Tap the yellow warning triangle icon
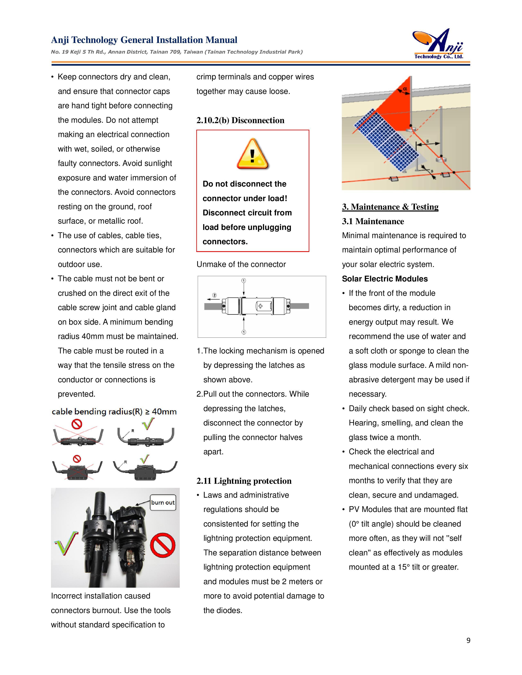pos(253,154)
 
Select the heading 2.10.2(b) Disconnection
pos(240,120)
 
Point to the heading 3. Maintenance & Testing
pos(390,207)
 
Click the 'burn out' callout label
pos(163,503)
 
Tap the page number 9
pos(468,640)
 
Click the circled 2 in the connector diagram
pos(214,295)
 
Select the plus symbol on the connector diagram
pos(260,306)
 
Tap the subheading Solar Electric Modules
pos(385,279)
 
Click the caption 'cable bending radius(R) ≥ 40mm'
pos(114,412)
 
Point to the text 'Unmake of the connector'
pos(241,264)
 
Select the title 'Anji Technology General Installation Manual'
pos(144,40)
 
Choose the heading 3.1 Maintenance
pos(373,221)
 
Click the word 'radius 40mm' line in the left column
pos(118,336)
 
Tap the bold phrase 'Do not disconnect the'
pos(244,184)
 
